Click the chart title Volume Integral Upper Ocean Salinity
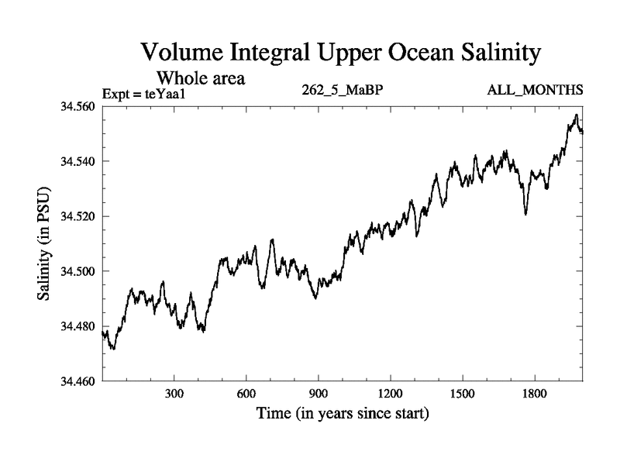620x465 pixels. (x=341, y=53)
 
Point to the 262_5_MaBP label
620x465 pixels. (x=343, y=91)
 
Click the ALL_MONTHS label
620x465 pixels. (x=535, y=91)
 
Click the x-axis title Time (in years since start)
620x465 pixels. (x=342, y=414)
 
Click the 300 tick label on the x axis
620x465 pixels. (x=174, y=394)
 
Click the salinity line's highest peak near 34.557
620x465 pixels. (x=576, y=115)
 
